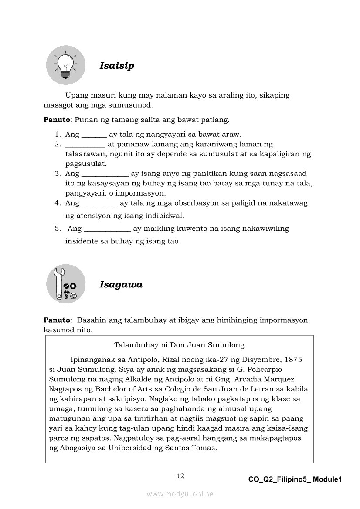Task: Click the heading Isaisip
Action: (117, 66)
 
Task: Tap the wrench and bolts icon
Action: (66, 284)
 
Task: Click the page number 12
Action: (180, 476)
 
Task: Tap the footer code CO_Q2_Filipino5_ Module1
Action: (295, 479)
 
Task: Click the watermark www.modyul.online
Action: (180, 494)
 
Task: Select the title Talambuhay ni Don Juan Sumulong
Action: (179, 345)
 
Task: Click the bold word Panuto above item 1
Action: (57, 119)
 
